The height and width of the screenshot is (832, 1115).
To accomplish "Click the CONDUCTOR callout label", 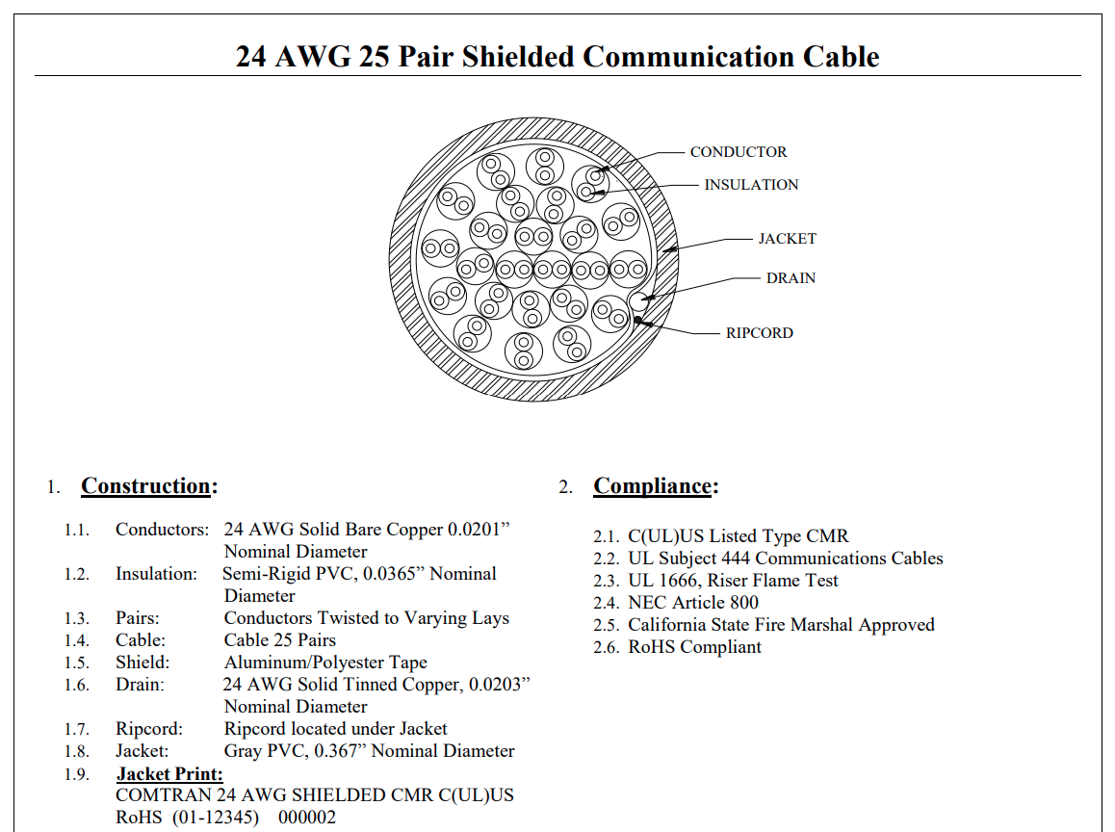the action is click(739, 152).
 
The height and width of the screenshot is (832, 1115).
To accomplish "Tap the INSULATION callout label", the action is click(751, 185).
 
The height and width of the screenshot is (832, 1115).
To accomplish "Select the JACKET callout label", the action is click(788, 239).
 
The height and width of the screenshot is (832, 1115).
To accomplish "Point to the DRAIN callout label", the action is click(791, 278).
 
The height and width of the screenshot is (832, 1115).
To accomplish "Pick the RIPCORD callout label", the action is click(760, 333).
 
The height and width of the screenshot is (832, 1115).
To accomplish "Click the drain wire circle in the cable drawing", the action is click(639, 299).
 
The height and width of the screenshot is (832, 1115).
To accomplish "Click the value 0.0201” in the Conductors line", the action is click(479, 530).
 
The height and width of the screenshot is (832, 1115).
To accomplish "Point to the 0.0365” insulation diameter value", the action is click(394, 574).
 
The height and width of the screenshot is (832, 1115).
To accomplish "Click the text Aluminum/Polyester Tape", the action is click(325, 663).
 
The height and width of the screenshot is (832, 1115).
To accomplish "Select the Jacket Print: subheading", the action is click(170, 773).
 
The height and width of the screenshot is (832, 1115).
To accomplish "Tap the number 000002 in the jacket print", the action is click(307, 817).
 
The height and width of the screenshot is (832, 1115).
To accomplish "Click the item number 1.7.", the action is click(77, 730).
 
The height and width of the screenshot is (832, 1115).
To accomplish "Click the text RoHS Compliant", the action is click(695, 647).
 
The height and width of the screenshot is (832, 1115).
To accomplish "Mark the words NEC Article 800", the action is click(693, 603).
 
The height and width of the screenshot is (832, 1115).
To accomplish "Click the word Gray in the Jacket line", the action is click(244, 752).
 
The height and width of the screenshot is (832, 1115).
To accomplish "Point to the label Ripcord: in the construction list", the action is click(149, 730).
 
